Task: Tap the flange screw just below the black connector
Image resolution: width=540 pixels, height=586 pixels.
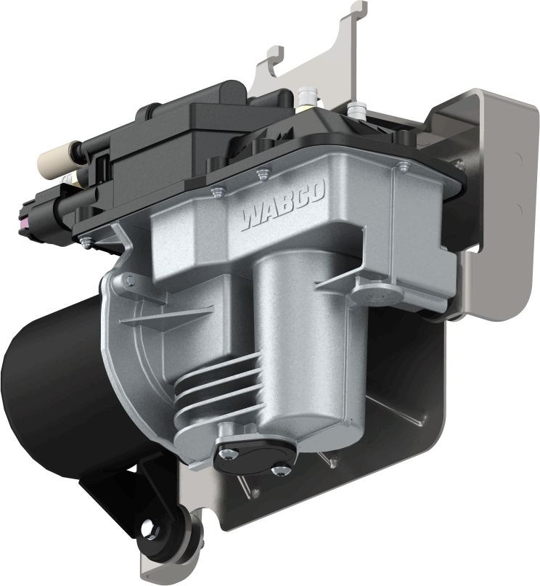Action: coord(86,243)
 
